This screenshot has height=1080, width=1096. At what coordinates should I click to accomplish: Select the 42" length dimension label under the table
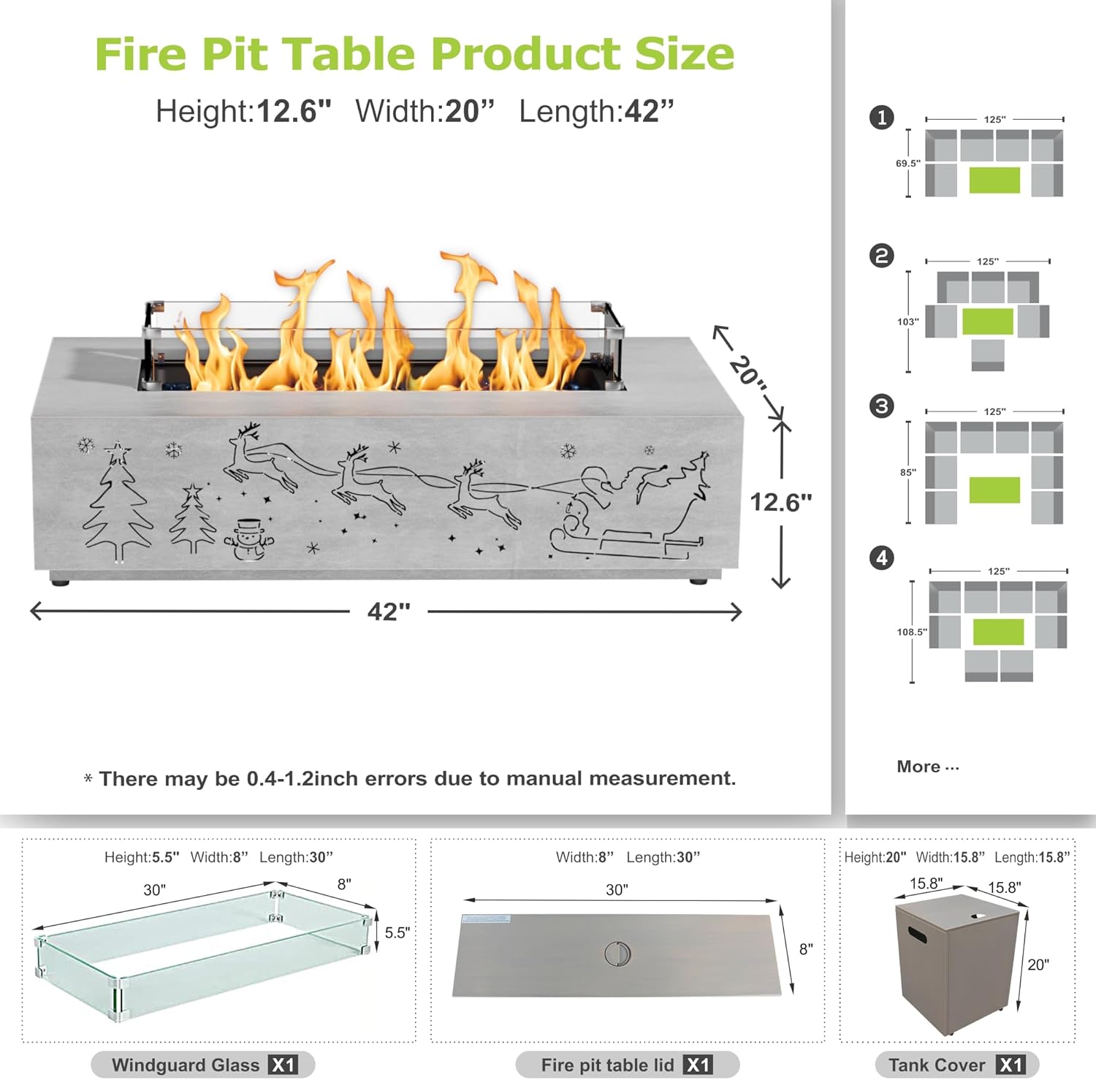[x=389, y=611]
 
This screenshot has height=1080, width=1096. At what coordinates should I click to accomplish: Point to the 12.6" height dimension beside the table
[x=780, y=502]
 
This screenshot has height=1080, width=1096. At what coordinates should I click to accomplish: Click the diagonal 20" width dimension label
[x=747, y=370]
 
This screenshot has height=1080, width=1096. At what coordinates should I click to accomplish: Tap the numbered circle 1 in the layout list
[x=882, y=118]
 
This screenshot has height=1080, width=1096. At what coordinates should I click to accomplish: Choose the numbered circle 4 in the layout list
[x=882, y=558]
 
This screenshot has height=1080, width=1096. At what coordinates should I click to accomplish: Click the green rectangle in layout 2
[x=987, y=322]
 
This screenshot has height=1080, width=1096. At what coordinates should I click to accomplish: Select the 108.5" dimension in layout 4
[x=911, y=632]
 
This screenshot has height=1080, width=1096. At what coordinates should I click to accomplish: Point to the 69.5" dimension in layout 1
[x=907, y=164]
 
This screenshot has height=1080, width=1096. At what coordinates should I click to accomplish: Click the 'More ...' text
[x=927, y=767]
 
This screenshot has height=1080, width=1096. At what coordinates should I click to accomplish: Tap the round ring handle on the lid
[x=617, y=954]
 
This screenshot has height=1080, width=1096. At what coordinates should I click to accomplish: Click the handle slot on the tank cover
[x=917, y=935]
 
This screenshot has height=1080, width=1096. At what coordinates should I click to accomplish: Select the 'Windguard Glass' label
[x=186, y=1065]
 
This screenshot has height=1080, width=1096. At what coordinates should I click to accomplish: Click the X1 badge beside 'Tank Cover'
[x=1011, y=1065]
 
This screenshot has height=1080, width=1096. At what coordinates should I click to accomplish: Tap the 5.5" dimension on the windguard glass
[x=397, y=933]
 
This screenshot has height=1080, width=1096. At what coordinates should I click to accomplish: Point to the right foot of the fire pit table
[x=699, y=581]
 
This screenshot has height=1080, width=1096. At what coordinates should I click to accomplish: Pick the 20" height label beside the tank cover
[x=1038, y=965]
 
